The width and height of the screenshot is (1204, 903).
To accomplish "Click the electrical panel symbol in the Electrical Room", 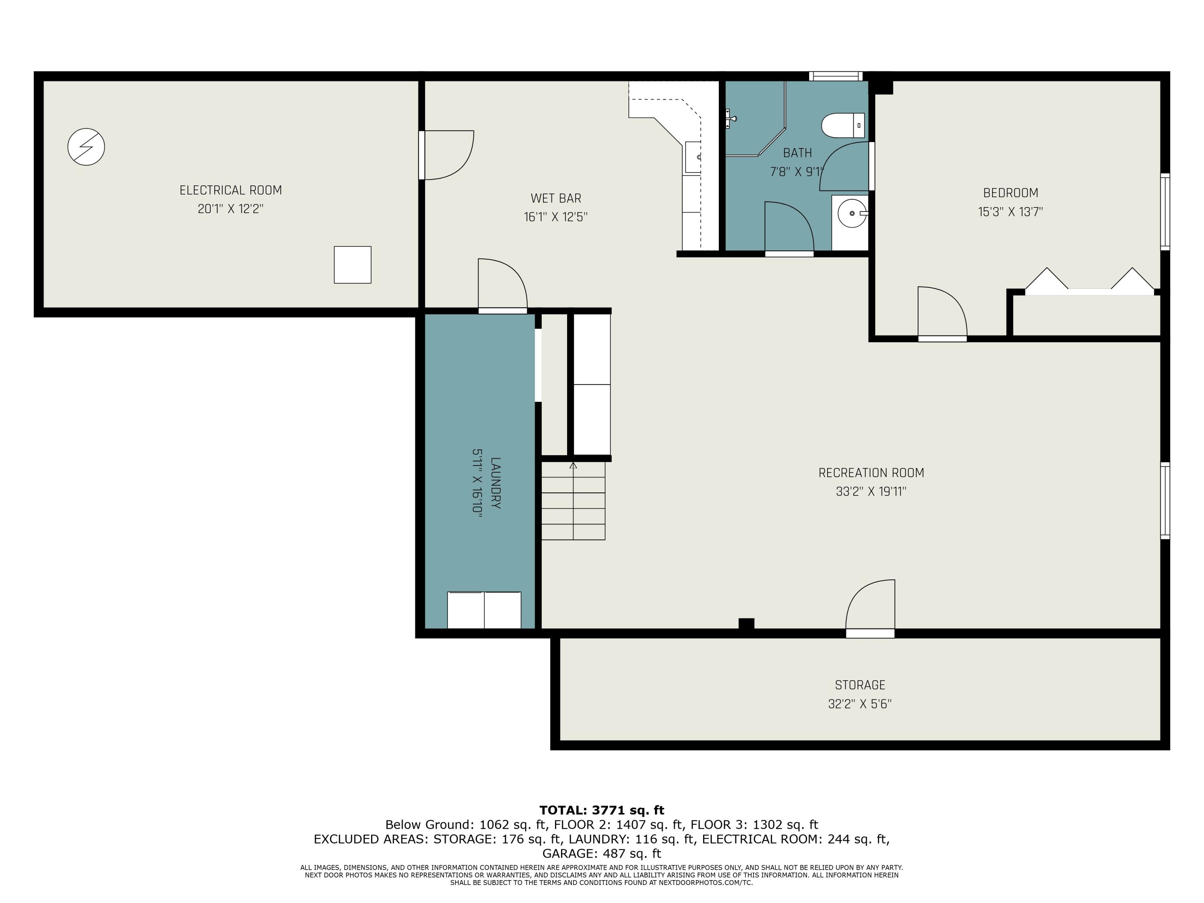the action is coord(86,147).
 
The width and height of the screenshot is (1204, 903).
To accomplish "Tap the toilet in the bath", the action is coord(842,126).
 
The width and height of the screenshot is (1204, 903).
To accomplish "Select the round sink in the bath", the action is coord(852,214).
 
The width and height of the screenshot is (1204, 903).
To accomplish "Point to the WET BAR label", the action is coord(556,199).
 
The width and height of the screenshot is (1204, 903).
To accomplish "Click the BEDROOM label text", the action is coord(1011,193).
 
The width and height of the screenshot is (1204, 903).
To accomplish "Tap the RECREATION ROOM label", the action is coord(871,473).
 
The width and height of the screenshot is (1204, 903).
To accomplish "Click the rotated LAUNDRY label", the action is coord(495,483).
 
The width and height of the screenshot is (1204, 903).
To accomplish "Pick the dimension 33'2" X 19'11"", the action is coord(871,492).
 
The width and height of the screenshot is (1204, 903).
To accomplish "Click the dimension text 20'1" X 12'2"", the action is coord(231,209).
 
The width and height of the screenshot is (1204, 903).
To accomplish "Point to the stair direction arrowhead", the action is coord(573,466).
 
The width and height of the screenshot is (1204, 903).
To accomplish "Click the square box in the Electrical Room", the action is coord(353,265).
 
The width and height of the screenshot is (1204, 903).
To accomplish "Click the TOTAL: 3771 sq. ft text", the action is coord(602,810).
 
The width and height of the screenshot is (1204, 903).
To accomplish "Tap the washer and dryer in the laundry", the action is coord(484,610).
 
